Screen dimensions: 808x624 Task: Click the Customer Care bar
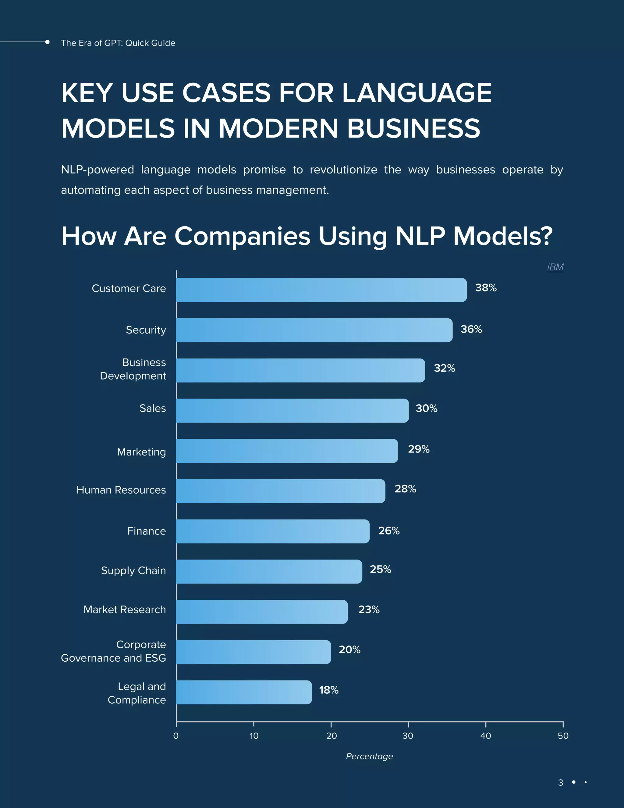[321, 290]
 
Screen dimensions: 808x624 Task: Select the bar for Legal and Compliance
[244, 692]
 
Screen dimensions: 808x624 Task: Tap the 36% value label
[471, 329]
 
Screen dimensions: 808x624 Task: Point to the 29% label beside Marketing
[418, 449]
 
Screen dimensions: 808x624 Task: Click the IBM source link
[555, 267]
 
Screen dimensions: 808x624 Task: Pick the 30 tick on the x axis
[408, 736]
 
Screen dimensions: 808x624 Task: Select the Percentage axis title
[369, 756]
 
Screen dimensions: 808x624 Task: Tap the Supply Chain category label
[133, 570]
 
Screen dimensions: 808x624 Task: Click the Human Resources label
[121, 490]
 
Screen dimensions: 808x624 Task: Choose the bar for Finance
[272, 531]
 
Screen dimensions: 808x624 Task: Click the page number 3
[560, 782]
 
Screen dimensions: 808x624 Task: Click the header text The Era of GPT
[118, 43]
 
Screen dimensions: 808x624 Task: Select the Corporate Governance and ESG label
[113, 651]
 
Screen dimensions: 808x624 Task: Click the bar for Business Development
[300, 370]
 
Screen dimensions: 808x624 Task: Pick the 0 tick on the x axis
[176, 736]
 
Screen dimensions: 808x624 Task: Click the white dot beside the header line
[47, 42]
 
